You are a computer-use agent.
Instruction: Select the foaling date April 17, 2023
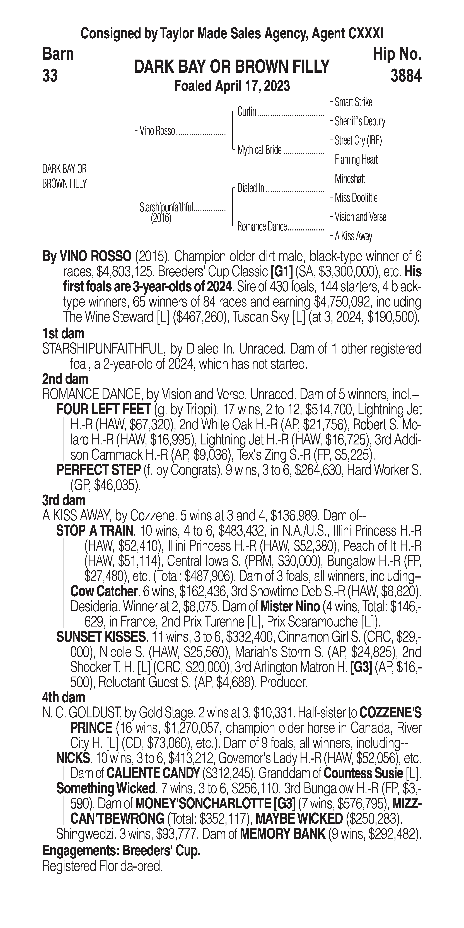[232, 86]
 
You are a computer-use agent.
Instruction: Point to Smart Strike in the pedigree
[353, 102]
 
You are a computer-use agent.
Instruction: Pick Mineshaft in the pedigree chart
[350, 178]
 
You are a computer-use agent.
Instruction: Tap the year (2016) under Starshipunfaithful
[161, 218]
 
